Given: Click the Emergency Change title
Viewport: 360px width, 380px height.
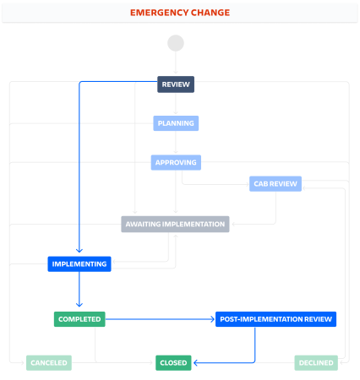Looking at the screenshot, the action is [x=180, y=13].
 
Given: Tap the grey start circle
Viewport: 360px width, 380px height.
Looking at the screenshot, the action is [x=176, y=43].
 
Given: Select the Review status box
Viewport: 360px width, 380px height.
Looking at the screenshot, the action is [x=176, y=84].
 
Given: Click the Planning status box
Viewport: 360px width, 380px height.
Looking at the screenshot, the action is [x=176, y=123].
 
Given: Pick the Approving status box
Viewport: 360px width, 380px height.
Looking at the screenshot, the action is [x=176, y=162].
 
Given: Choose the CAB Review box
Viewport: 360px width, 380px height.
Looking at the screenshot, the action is [x=275, y=184].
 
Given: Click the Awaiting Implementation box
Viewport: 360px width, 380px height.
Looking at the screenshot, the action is [x=175, y=224].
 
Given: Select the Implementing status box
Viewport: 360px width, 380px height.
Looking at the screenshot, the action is [x=79, y=264].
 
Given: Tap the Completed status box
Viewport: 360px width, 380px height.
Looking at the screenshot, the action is [x=79, y=319].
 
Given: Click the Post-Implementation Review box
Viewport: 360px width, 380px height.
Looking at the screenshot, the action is [x=275, y=319].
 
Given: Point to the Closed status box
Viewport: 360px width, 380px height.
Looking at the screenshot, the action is [x=173, y=363].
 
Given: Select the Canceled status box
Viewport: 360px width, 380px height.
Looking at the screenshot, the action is [x=49, y=363].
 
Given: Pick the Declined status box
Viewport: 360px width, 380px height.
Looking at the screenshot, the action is [x=316, y=363].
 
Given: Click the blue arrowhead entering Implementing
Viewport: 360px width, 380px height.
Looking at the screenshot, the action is [x=79, y=251].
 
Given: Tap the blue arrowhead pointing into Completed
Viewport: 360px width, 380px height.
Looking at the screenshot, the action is [x=79, y=305].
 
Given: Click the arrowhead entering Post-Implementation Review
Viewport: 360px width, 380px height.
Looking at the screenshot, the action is [x=212, y=319].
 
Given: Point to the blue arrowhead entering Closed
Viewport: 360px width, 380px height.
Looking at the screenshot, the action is [x=196, y=363].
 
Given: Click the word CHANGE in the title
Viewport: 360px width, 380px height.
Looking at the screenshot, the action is [x=210, y=13].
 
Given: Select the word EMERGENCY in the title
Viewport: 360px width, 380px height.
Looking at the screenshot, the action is [x=159, y=13].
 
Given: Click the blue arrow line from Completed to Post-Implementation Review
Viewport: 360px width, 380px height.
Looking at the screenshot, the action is [x=160, y=319].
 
